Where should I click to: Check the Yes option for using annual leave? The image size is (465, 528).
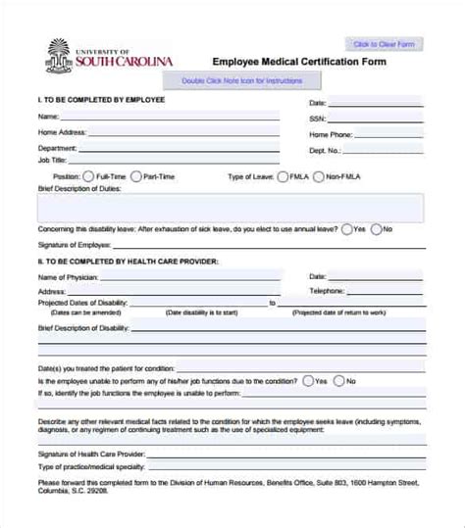[x=347, y=228]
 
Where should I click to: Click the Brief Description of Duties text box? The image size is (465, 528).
[x=231, y=206]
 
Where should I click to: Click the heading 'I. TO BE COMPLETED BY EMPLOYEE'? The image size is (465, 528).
[x=101, y=100]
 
